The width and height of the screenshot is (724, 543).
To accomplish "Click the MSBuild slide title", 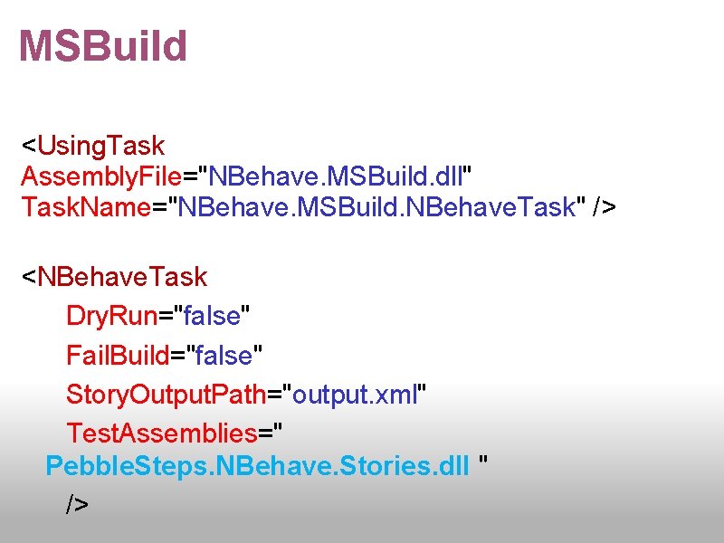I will [102, 46].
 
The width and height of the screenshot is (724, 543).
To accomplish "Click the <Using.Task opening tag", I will [93, 145].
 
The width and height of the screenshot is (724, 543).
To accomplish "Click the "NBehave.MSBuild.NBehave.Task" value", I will [379, 206].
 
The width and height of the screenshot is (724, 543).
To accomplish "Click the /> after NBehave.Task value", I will [604, 206].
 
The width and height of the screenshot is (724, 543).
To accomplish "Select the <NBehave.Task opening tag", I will [114, 276].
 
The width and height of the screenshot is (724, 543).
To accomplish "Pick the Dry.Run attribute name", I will [112, 316].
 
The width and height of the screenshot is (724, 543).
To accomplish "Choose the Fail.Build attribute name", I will [118, 356].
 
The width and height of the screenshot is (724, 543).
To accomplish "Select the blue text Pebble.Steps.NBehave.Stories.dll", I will [257, 466].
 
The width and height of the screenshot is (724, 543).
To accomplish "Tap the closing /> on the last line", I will [78, 504].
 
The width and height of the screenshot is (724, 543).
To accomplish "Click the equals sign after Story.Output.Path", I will [275, 395].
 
